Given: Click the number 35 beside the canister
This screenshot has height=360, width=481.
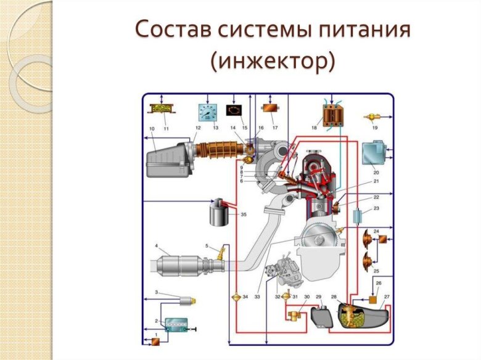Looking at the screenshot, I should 244,215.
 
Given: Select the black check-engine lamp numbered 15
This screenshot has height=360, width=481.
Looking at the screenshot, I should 234,110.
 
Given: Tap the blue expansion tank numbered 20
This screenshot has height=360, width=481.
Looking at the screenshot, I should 374,155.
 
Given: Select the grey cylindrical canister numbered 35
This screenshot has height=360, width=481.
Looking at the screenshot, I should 220,213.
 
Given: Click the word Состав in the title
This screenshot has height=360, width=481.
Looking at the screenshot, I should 171,30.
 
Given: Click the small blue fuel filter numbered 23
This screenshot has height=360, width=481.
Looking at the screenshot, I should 358,217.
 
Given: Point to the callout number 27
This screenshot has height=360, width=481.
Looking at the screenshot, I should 387,297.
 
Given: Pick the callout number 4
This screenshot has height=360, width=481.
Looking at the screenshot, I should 157,246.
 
